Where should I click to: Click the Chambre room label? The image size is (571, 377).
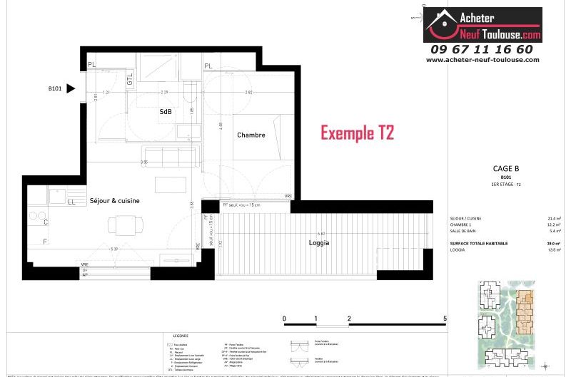coord(251,135)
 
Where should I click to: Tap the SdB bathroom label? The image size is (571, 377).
coord(166,111)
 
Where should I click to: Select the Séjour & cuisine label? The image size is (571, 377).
coord(115,201)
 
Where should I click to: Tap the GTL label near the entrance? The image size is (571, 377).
coord(130,80)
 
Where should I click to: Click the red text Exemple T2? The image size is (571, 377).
coord(357,133)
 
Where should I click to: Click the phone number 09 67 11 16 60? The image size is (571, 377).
coord(482,49)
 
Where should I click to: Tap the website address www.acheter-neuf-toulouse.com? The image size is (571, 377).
coord(482,60)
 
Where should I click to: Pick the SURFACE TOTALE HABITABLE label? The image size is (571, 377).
coord(480,244)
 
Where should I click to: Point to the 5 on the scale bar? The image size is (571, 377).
coord(445,319)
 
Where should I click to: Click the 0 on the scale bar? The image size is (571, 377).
coord(284,319)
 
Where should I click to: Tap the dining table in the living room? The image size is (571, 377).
coord(121,225)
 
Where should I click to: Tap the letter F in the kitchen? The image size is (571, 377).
coord(46,242)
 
